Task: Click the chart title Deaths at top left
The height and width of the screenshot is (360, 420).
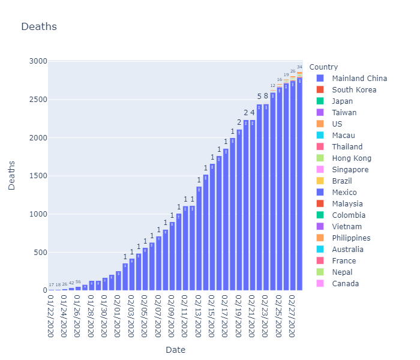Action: point(39,26)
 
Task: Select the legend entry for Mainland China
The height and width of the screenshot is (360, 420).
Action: point(359,79)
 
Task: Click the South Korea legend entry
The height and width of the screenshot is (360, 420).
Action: point(354,90)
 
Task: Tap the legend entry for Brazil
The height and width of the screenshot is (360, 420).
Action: point(342,181)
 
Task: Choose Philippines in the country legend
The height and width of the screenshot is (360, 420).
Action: point(351,238)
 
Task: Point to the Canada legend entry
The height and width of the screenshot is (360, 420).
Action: point(346,284)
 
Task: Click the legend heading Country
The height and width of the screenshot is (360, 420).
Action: point(328,67)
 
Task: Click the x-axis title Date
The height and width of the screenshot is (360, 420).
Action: point(175,350)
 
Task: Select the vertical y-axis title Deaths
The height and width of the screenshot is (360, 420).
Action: point(12,175)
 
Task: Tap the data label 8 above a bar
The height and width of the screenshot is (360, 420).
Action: point(266,96)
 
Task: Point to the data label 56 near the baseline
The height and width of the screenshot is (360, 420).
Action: point(78,282)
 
